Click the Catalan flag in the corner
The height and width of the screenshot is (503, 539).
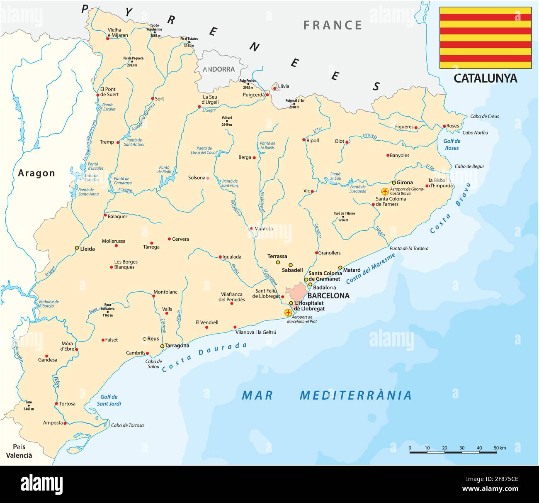pyautogui.click(x=485, y=38)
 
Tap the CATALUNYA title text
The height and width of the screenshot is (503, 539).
pyautogui.click(x=485, y=78)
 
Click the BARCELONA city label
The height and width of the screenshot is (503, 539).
pyautogui.click(x=328, y=295)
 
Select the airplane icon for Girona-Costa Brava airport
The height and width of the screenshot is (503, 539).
pyautogui.click(x=385, y=191)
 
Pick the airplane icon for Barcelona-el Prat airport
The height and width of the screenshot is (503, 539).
pyautogui.click(x=288, y=312)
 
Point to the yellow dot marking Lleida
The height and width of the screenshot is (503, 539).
pyautogui.click(x=77, y=248)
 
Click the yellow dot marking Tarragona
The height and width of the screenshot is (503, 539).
pyautogui.click(x=162, y=346)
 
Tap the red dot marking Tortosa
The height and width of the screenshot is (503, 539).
pyautogui.click(x=56, y=403)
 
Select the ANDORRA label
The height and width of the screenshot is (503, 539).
pyautogui.click(x=219, y=69)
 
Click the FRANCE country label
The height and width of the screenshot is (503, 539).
pyautogui.click(x=333, y=25)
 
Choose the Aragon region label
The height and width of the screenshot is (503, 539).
pyautogui.click(x=36, y=173)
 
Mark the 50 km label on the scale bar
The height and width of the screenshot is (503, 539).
pyautogui.click(x=500, y=448)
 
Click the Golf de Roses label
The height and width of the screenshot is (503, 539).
pyautogui.click(x=452, y=144)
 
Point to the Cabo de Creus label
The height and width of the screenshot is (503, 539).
pyautogui.click(x=484, y=117)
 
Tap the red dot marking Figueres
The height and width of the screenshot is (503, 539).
pyautogui.click(x=416, y=127)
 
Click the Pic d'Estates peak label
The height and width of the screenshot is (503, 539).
pyautogui.click(x=189, y=39)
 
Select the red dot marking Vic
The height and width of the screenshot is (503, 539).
pyautogui.click(x=312, y=191)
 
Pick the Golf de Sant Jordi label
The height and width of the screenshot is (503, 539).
pyautogui.click(x=109, y=400)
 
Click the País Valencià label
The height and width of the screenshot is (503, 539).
pyautogui.click(x=19, y=451)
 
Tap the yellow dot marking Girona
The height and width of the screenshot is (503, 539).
pyautogui.click(x=393, y=183)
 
